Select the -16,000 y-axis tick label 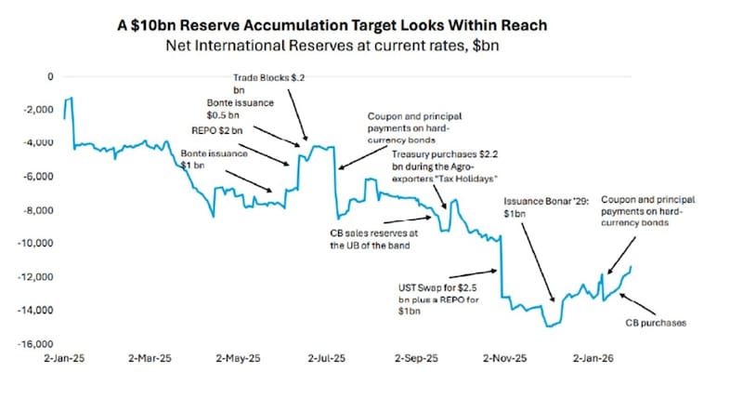tap(36, 344)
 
